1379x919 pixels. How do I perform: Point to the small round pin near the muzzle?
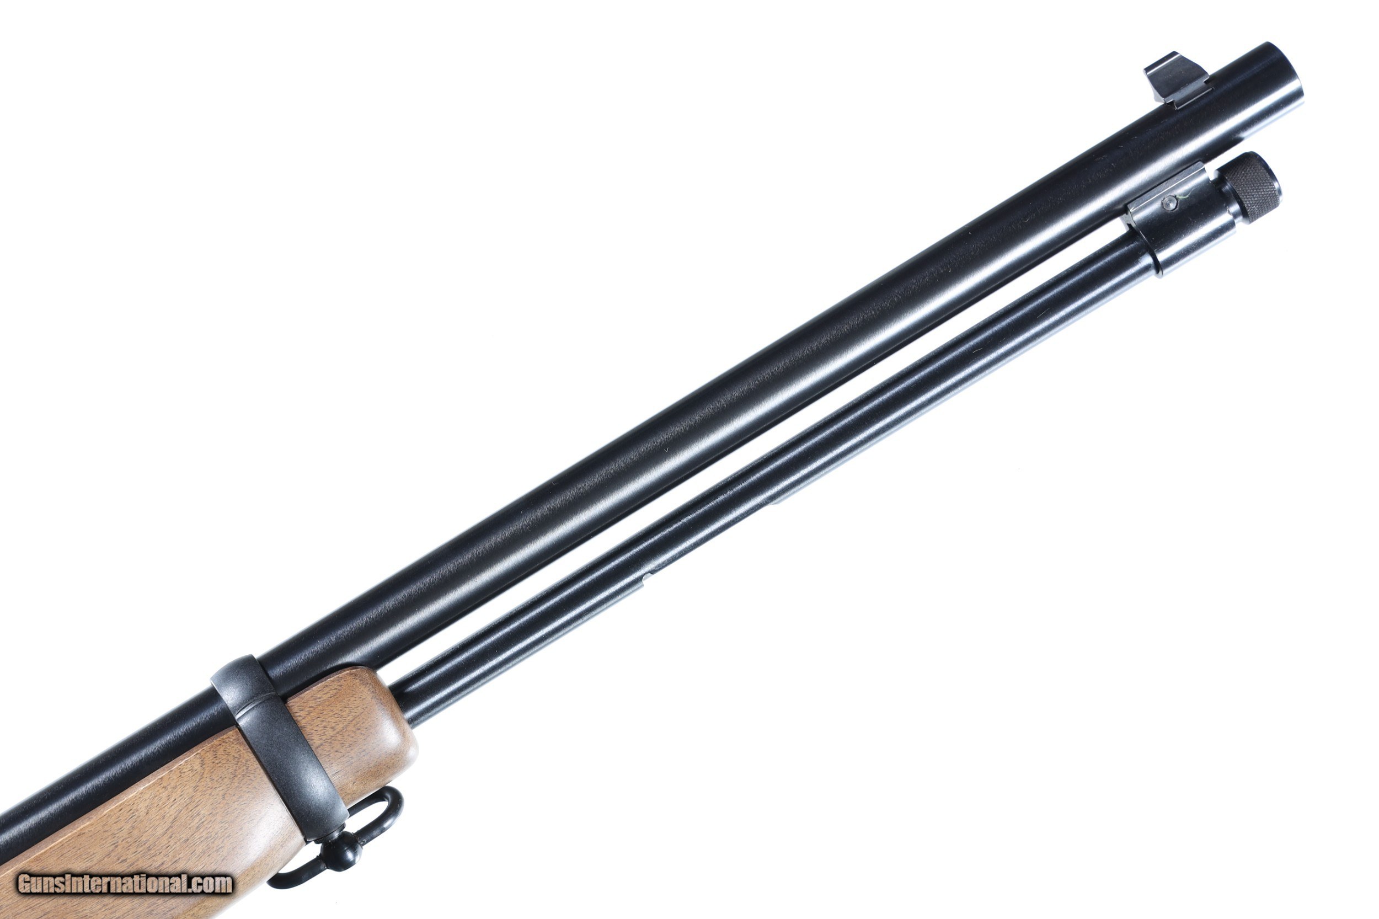pyautogui.click(x=1170, y=204)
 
